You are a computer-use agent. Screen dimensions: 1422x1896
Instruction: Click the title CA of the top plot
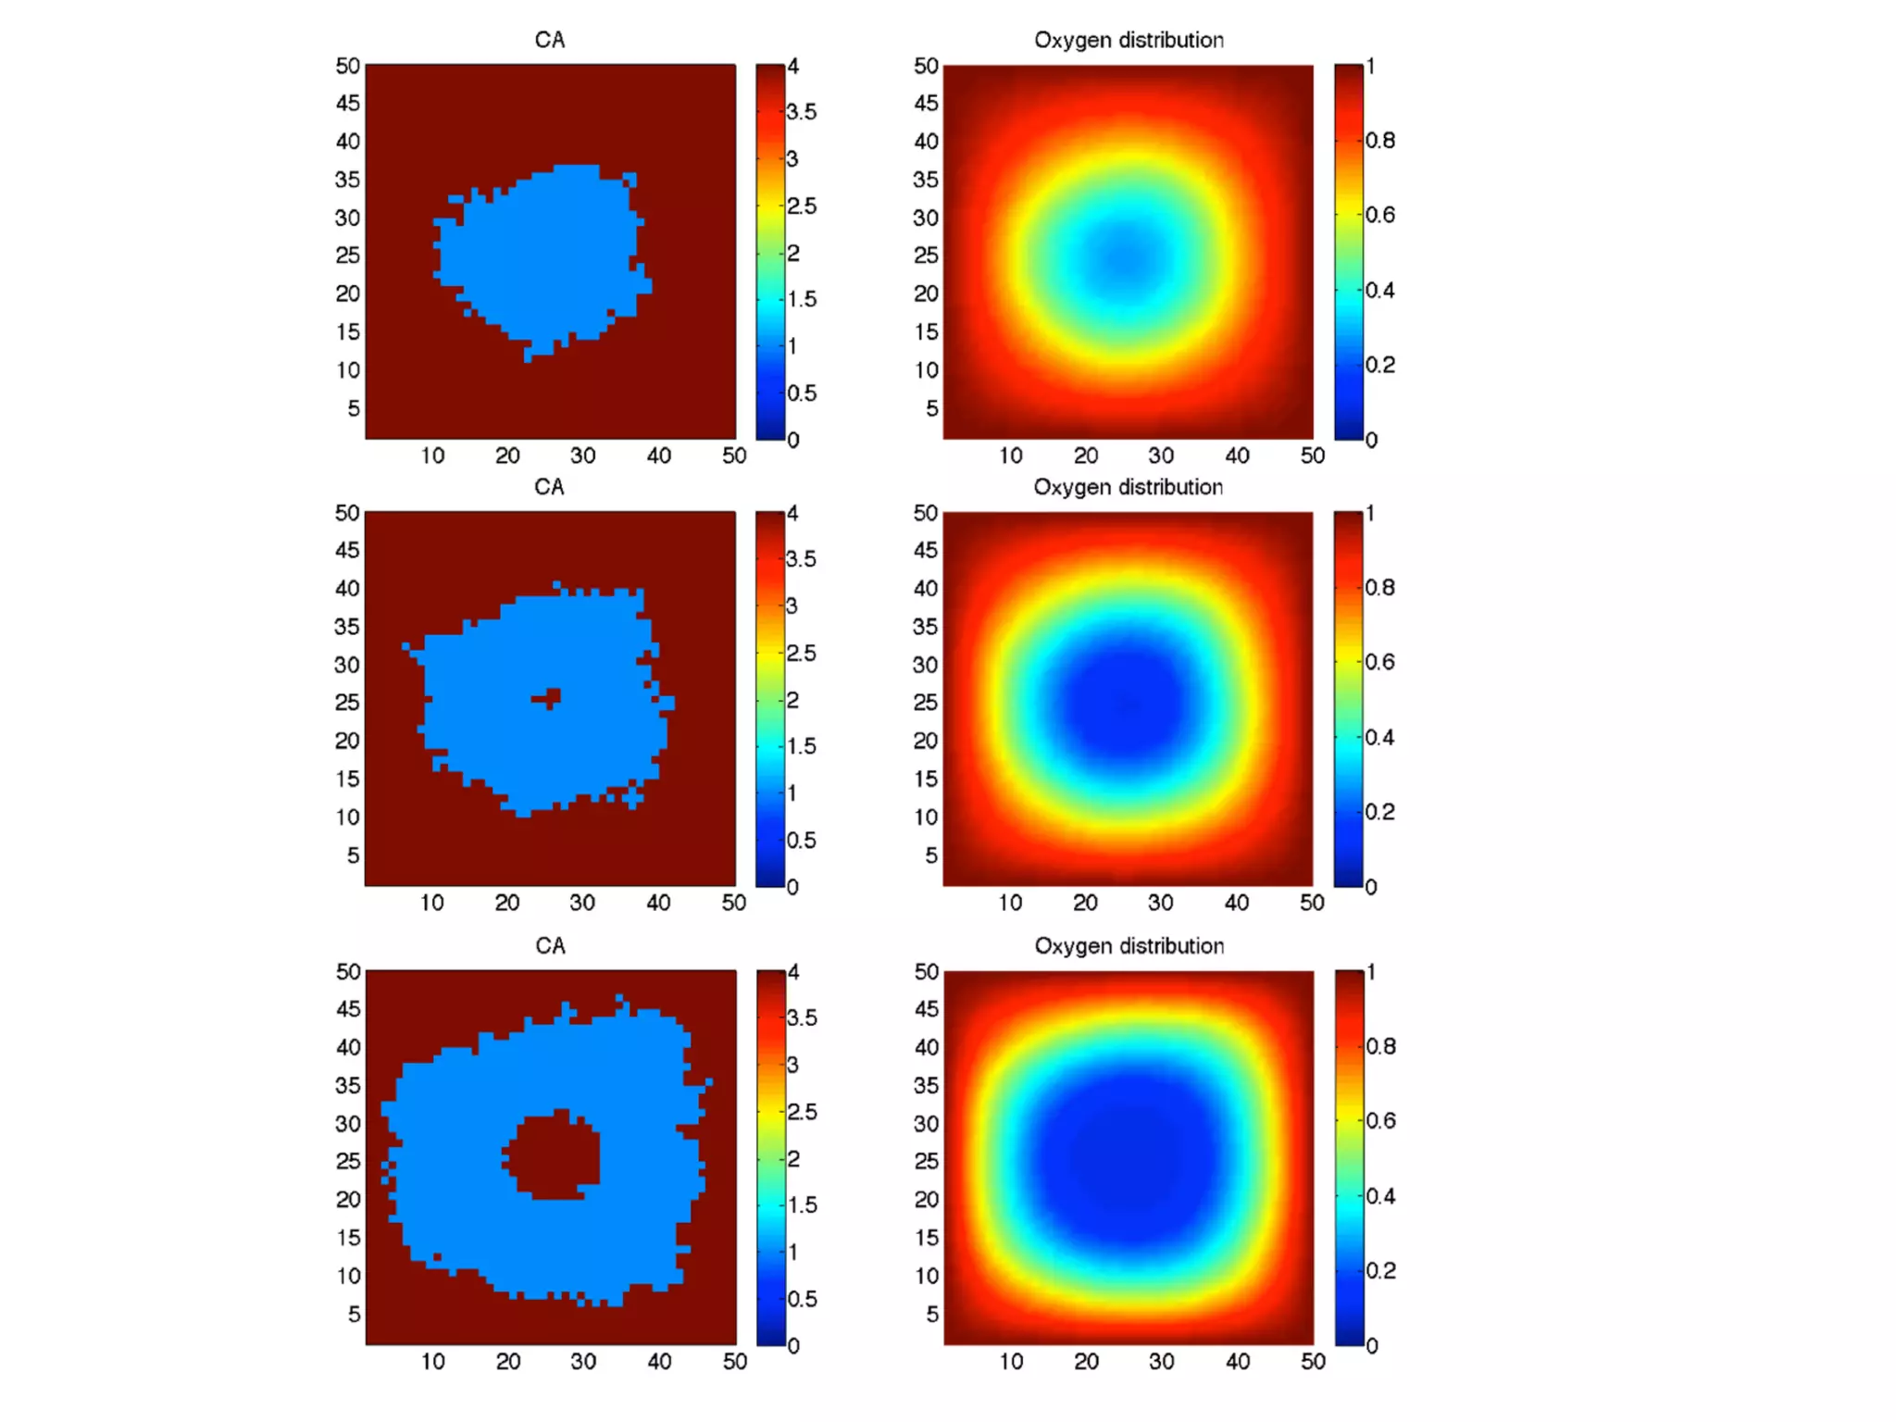click(549, 40)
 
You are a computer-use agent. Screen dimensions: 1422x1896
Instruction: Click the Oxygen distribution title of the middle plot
click(1128, 487)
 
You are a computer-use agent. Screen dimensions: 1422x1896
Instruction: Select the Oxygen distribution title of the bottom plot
click(1129, 945)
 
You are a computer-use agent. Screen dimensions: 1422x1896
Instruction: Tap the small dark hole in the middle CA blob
click(550, 697)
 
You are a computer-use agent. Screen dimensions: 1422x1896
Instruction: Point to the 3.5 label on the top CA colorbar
click(802, 112)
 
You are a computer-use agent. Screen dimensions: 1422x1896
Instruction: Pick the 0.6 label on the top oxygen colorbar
click(1379, 215)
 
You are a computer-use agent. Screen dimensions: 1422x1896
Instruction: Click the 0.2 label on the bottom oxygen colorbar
click(1380, 1270)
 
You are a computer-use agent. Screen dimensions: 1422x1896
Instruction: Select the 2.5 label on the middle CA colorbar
click(802, 653)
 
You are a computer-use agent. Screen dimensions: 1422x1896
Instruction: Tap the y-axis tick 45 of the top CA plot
click(348, 103)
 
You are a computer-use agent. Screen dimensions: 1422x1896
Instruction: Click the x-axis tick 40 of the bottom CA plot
click(659, 1361)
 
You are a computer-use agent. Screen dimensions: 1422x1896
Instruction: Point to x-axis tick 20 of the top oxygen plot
click(1086, 455)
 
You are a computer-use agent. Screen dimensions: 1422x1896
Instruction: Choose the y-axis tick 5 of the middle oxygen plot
click(931, 854)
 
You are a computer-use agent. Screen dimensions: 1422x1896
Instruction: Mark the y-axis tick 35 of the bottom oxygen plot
click(926, 1085)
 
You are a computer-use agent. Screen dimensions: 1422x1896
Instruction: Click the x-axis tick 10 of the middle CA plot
click(432, 903)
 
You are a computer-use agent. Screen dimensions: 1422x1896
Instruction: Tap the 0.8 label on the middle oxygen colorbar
click(1379, 587)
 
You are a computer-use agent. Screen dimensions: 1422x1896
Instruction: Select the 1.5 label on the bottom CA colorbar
click(802, 1204)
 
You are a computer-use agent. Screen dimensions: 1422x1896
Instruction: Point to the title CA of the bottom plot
click(550, 945)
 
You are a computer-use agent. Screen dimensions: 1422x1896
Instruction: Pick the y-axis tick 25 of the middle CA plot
click(347, 702)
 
